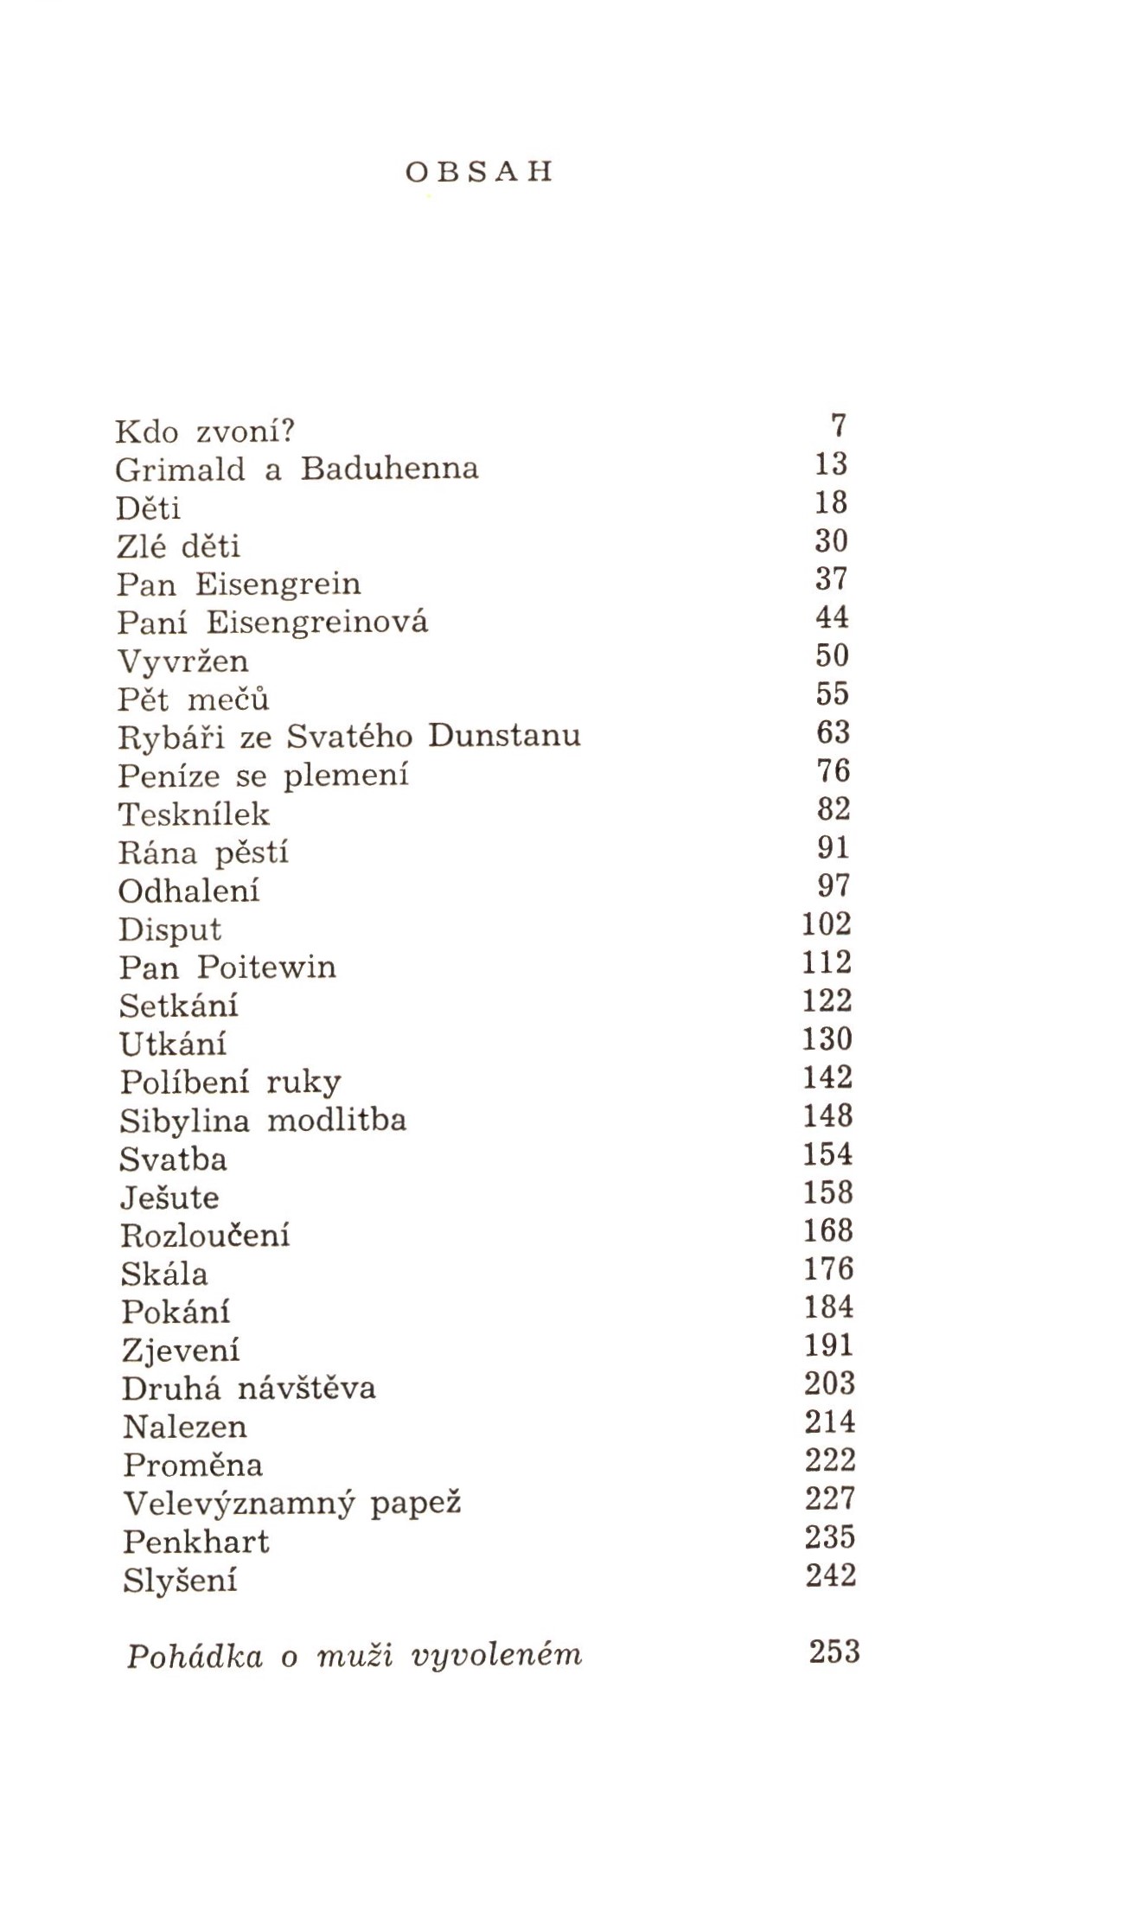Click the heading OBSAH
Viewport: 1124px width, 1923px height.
(478, 172)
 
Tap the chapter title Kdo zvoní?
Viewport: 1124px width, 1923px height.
(206, 430)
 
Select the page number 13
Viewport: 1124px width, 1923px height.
(831, 464)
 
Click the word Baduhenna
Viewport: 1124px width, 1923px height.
(389, 468)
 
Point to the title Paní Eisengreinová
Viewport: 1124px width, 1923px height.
(272, 622)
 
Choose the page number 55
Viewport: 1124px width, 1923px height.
(833, 693)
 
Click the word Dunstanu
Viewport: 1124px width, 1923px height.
(505, 736)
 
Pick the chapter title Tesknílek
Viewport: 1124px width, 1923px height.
(194, 814)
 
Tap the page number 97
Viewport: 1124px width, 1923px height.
(833, 885)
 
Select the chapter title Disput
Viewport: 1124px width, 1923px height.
(169, 930)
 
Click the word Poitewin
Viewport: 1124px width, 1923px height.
(266, 966)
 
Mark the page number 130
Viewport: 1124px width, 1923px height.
(827, 1038)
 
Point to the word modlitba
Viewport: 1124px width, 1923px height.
(336, 1120)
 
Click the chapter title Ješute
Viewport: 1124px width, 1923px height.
(169, 1198)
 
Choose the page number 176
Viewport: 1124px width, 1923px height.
(828, 1268)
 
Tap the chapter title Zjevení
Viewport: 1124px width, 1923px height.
(181, 1350)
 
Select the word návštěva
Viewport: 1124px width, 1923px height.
(307, 1388)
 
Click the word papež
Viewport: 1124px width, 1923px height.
(416, 1504)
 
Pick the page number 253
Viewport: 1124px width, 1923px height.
(833, 1651)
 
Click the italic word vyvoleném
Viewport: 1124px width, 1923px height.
(498, 1655)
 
